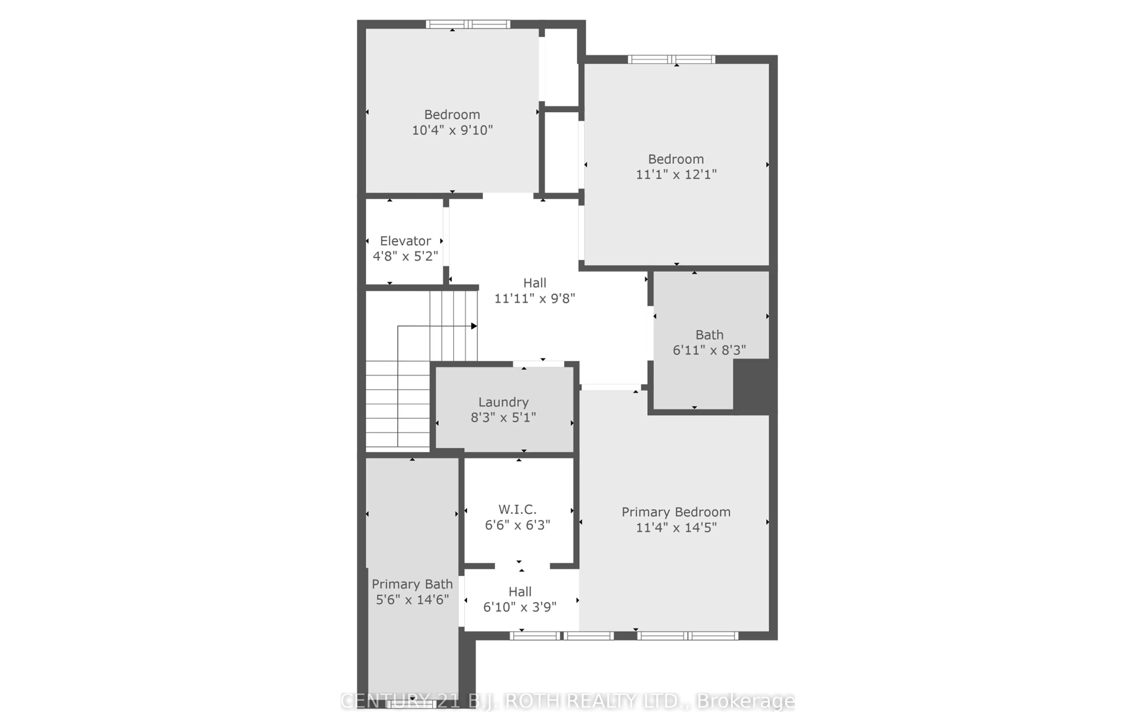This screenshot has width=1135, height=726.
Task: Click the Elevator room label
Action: click(x=405, y=241)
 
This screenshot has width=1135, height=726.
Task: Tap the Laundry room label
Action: click(x=503, y=402)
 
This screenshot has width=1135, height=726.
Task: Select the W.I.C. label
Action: click(x=517, y=510)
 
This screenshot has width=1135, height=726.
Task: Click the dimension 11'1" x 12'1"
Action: click(x=676, y=174)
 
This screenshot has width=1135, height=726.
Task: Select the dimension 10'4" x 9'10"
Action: click(x=452, y=130)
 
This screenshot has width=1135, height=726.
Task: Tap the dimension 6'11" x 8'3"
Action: click(x=709, y=350)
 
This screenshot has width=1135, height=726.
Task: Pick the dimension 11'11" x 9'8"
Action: click(x=535, y=298)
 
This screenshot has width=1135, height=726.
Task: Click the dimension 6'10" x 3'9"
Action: click(x=519, y=607)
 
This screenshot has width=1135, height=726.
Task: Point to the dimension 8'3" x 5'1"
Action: click(x=503, y=417)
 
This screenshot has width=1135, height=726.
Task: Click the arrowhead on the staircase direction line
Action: click(x=474, y=326)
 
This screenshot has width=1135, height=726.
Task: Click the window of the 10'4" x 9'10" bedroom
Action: click(x=468, y=24)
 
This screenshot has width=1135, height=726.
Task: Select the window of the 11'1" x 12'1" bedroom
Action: click(x=671, y=59)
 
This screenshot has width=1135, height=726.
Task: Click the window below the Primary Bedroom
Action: click(x=688, y=636)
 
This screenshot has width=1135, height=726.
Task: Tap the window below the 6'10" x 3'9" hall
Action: click(x=561, y=636)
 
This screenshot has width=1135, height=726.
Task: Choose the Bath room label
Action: click(x=709, y=335)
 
